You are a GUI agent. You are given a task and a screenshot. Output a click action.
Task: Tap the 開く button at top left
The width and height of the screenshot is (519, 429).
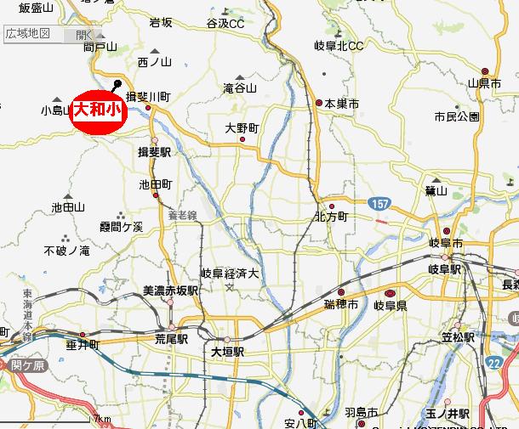click(x=84, y=35)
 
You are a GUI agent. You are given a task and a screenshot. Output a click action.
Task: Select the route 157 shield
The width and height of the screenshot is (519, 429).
click(x=380, y=205)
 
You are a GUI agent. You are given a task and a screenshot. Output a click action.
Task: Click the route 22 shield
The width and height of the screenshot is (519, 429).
click(x=494, y=362)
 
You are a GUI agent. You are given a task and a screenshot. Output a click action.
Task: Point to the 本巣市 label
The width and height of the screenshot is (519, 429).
click(x=342, y=103)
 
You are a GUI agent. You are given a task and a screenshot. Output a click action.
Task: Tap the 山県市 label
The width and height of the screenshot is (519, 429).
click(x=483, y=83)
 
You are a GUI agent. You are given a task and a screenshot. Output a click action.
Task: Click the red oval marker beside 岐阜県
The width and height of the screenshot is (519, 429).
click(x=391, y=293)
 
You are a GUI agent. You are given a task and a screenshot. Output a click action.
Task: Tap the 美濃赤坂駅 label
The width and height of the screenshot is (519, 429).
click(x=170, y=291)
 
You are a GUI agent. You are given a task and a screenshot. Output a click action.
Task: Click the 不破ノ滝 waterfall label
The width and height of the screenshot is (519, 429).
click(x=66, y=251)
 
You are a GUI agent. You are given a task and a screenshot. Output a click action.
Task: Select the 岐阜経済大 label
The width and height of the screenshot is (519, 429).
click(x=229, y=273)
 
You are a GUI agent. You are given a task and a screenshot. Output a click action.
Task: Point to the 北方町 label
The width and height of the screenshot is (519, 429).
click(x=331, y=217)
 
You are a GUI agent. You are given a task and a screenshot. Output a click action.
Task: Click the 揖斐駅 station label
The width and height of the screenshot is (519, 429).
click(x=155, y=151)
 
